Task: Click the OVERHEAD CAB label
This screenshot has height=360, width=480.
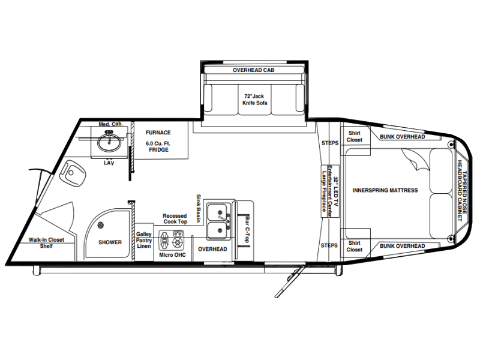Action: coord(253,70)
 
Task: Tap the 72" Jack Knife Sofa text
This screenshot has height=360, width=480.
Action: coord(254,100)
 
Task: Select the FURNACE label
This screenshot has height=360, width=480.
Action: coord(158,133)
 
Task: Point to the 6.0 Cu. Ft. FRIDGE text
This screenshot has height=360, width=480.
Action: coord(158,146)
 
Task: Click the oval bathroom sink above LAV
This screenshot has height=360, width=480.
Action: coord(109,142)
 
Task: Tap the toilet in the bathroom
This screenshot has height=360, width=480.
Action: coord(73,172)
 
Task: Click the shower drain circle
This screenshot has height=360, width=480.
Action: coord(100,225)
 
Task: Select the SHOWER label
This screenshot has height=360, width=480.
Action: coord(110,242)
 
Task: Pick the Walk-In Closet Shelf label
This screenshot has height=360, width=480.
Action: coord(46,243)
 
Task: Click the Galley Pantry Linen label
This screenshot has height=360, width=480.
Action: coord(144,240)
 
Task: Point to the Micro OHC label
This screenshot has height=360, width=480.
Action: coord(172,255)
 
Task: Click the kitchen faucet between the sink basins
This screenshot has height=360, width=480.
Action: coord(225,219)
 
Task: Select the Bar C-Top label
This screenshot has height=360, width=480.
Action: coord(247,229)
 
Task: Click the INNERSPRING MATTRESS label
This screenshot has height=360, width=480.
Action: coord(385,190)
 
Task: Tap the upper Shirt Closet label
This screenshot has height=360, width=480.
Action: coord(354,137)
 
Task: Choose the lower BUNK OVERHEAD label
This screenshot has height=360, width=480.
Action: coord(402,246)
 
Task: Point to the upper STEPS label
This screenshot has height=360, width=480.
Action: coord(330,143)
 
